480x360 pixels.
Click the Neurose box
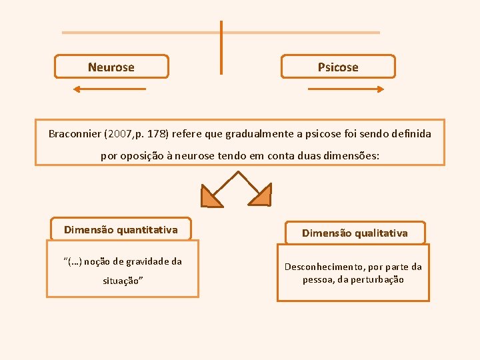(111, 67)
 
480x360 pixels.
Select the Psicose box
(338, 67)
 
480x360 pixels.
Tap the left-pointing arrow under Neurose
(109, 89)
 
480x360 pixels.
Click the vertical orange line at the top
(221, 47)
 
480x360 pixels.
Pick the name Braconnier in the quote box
(75, 134)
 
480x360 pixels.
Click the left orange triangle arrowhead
(212, 196)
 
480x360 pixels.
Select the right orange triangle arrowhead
(260, 195)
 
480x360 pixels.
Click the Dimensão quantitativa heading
(121, 230)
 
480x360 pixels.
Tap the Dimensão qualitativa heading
(355, 233)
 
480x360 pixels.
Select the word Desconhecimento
(325, 267)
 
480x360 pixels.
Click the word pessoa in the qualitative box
(319, 279)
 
